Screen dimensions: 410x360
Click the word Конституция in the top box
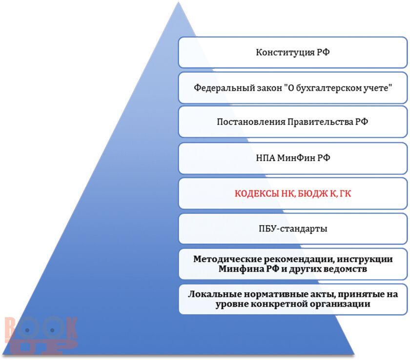point(285,52)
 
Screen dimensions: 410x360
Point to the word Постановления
point(251,122)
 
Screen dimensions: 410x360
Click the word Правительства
point(320,122)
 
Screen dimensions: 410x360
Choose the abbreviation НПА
point(265,158)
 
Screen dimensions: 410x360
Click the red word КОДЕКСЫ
point(257,193)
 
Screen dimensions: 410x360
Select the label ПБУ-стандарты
point(293,229)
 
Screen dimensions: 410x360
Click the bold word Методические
point(227,259)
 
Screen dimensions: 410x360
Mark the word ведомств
point(345,269)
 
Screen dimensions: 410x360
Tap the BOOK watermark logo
point(41,335)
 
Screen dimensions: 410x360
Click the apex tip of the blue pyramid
point(179,2)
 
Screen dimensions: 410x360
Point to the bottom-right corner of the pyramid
point(354,354)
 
